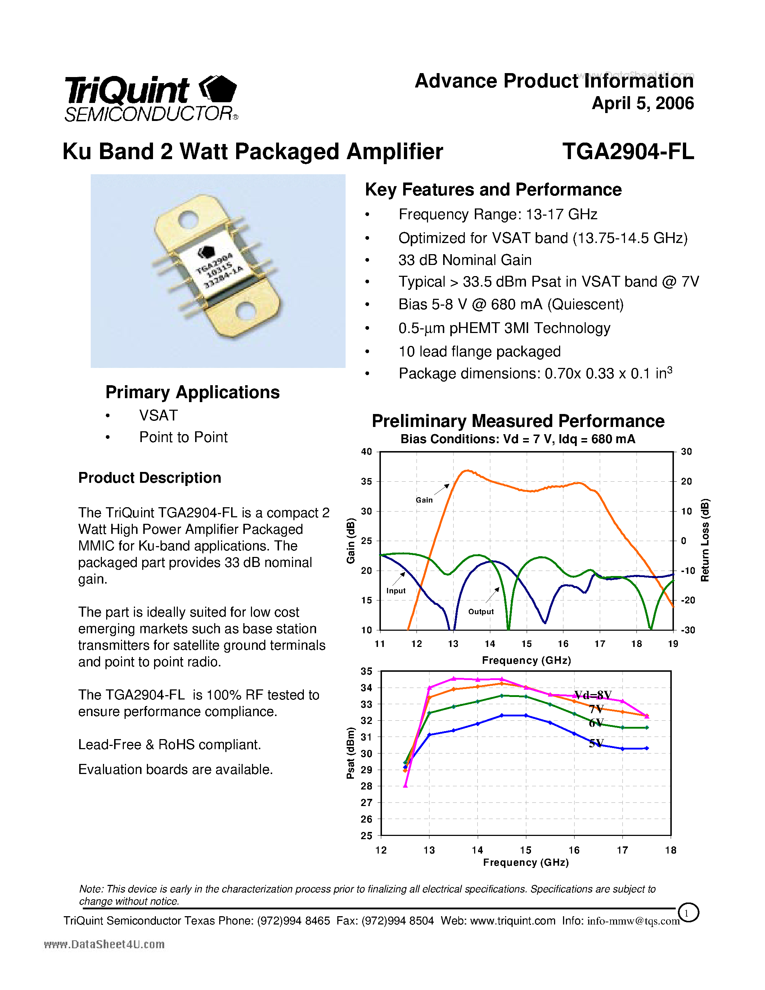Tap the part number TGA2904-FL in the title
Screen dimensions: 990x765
(x=628, y=152)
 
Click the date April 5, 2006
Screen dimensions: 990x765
(x=642, y=103)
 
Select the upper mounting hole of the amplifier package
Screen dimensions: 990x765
(x=188, y=220)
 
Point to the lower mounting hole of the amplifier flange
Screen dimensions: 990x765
(x=247, y=312)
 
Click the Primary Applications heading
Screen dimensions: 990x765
(x=192, y=392)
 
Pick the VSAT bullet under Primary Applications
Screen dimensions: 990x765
(x=158, y=415)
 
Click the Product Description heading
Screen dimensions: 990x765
(x=149, y=478)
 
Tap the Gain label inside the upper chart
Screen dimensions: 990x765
(x=424, y=500)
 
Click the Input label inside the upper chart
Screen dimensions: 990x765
(x=396, y=591)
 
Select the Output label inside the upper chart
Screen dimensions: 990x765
(x=481, y=612)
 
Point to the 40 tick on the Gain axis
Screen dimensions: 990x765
(x=366, y=451)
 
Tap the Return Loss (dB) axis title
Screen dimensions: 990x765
(x=705, y=540)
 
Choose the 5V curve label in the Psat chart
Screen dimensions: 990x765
(x=596, y=743)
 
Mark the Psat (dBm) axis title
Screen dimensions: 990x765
(x=350, y=753)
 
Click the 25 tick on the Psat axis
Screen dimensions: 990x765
(x=366, y=836)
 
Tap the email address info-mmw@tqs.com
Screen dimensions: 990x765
(x=633, y=921)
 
